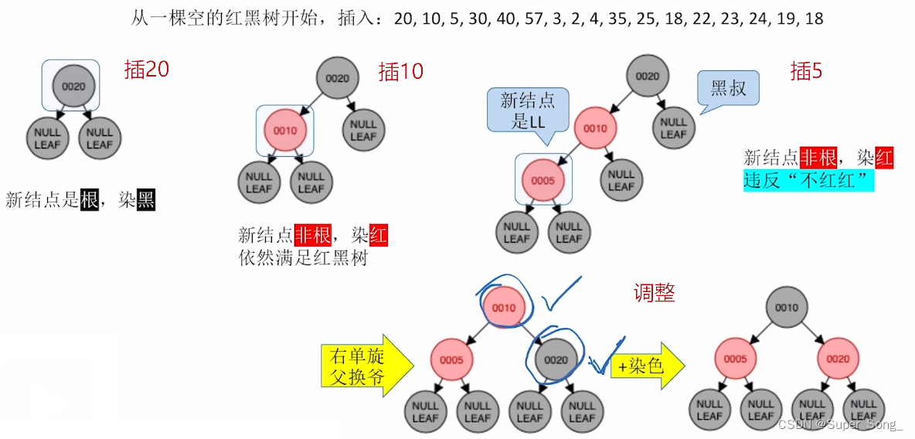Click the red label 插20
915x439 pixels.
pos(147,70)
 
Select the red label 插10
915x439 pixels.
pos(401,72)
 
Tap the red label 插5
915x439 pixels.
pos(807,71)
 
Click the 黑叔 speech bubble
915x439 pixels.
pos(727,88)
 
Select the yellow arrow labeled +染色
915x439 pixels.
pos(648,366)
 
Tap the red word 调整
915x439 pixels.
pos(655,292)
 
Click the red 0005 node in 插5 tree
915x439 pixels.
pos(543,180)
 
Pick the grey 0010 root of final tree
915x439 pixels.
pos(787,308)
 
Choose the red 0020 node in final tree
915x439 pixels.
pos(838,359)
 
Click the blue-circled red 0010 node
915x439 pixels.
pos(504,308)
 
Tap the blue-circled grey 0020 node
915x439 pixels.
pos(556,359)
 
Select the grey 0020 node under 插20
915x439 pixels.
pos(73,87)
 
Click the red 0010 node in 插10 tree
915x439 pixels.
pos(285,131)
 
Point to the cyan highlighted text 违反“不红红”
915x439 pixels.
pos(808,181)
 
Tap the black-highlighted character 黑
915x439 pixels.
pos(146,201)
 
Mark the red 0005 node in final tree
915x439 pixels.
pos(735,359)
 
